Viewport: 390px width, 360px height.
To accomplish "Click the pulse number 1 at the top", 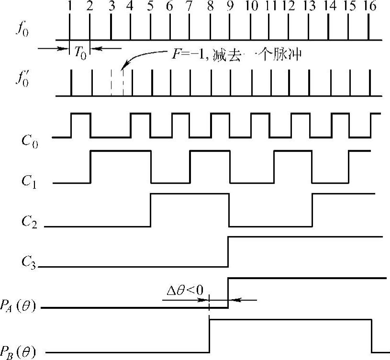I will [x=70, y=8].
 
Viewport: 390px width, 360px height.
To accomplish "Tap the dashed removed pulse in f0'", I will [x=117, y=83].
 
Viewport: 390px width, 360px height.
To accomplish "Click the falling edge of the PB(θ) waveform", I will [x=371, y=336].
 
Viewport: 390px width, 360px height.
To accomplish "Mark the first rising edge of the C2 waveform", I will [x=151, y=210].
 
